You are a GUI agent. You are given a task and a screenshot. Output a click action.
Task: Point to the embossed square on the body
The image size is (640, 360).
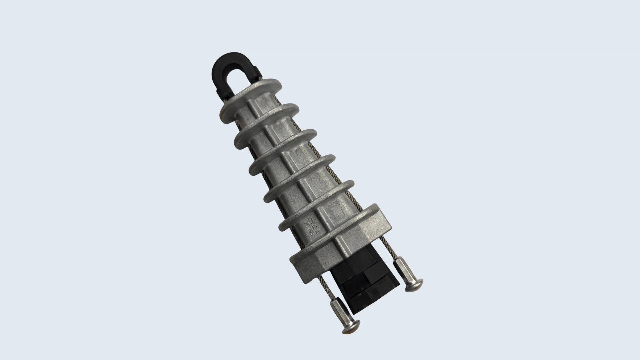point(333,210)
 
